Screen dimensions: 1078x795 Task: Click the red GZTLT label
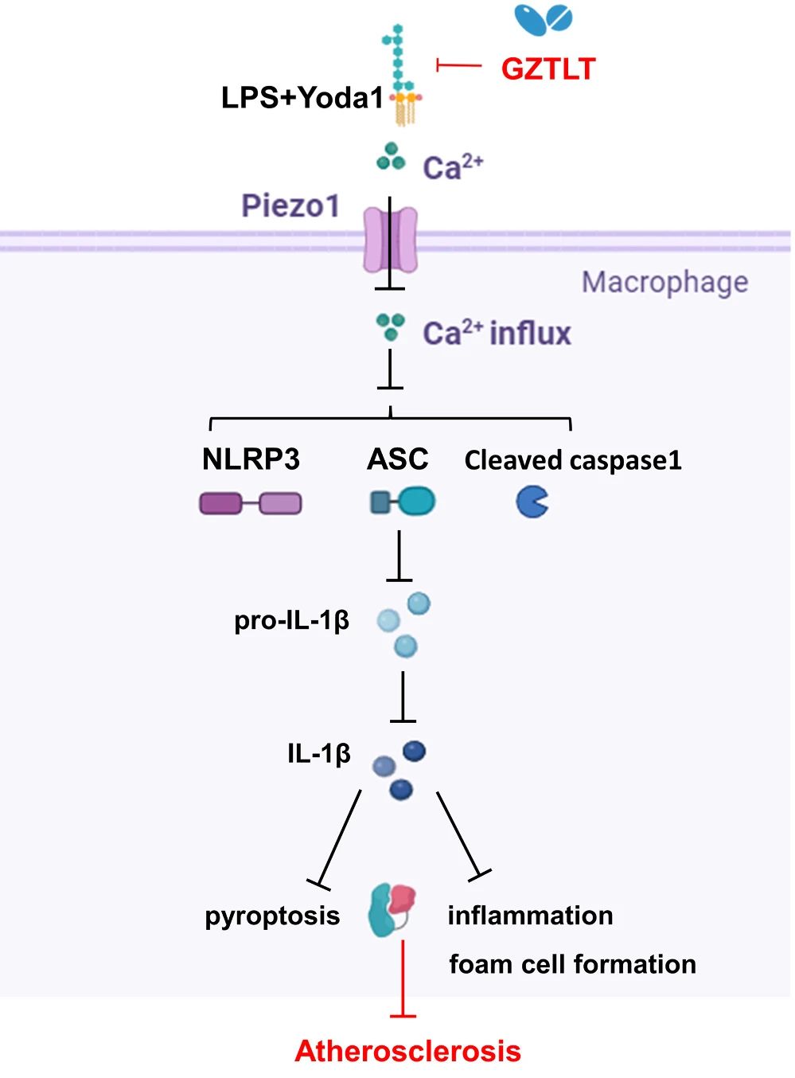point(548,69)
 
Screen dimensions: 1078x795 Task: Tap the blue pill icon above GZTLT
point(544,20)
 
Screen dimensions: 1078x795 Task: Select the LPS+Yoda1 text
point(302,98)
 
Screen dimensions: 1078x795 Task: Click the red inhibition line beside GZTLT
point(459,65)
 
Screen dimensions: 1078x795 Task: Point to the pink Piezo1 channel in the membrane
point(390,240)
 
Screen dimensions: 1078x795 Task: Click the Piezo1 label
point(290,205)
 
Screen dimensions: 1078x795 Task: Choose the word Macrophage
point(664,282)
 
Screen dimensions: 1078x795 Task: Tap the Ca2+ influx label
point(497,333)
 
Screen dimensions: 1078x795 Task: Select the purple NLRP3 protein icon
point(251,503)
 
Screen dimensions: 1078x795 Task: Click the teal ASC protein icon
point(403,502)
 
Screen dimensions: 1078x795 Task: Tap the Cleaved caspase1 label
point(573,460)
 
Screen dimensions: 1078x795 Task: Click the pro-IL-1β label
point(291,620)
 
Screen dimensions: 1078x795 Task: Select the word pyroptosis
point(272,916)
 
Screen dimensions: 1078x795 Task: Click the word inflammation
point(530,916)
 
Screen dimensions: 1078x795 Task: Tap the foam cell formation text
point(572,964)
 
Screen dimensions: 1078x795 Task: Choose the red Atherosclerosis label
point(407,1051)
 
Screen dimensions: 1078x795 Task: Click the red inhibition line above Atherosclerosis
point(403,979)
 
